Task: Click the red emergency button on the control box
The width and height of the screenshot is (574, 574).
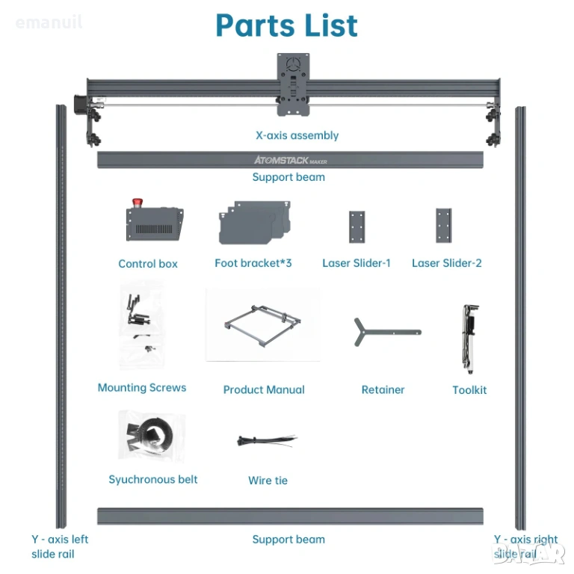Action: (x=138, y=203)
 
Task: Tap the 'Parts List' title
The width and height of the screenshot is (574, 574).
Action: (x=287, y=25)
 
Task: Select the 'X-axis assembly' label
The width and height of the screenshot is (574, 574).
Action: (x=297, y=135)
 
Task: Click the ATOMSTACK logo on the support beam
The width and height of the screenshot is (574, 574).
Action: (x=290, y=160)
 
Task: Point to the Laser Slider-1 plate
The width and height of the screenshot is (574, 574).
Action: (x=357, y=226)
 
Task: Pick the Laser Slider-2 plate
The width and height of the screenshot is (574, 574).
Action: (x=444, y=226)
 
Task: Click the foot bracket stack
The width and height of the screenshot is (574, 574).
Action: (x=255, y=222)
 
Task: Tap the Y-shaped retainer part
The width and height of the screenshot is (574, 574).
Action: (x=388, y=332)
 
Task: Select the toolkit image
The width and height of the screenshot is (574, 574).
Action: (x=469, y=339)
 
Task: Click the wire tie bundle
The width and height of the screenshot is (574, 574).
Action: (x=267, y=440)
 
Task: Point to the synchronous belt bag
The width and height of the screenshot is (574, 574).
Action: (x=152, y=436)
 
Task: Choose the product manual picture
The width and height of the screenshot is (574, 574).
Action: (x=263, y=324)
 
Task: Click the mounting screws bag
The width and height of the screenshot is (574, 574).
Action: (x=142, y=324)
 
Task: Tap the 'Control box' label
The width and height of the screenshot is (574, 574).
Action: (x=148, y=264)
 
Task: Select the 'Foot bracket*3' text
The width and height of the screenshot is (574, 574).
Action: (x=253, y=263)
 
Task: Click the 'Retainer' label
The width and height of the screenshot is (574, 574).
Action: (x=383, y=389)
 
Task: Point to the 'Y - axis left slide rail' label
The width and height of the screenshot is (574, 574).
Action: (x=60, y=546)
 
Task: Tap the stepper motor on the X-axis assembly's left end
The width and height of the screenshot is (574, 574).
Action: (x=81, y=105)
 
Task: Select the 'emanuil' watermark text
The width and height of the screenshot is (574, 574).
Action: (x=49, y=22)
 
